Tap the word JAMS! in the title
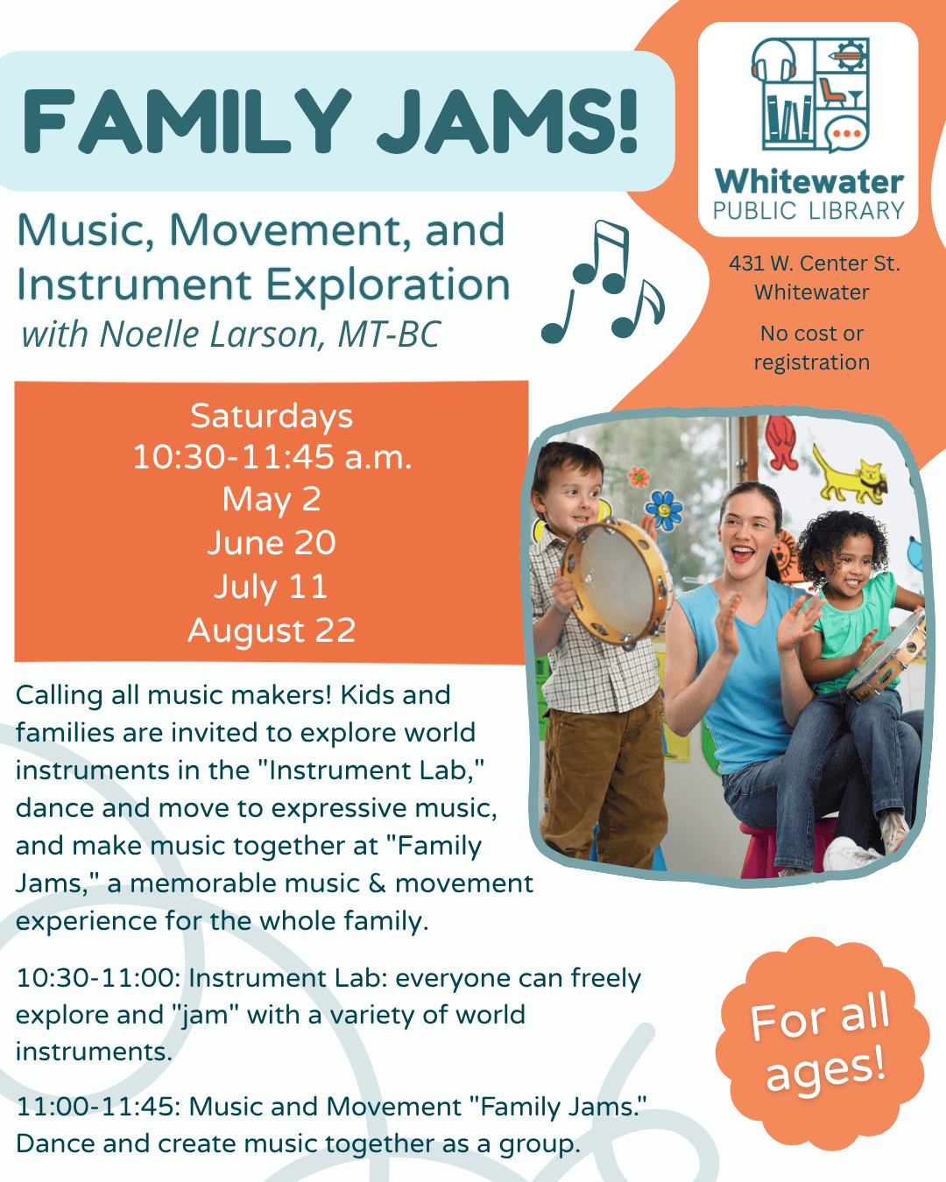click(x=508, y=121)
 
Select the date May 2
click(x=272, y=500)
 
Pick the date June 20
click(x=272, y=543)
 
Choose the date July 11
click(x=271, y=587)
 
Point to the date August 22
click(x=272, y=630)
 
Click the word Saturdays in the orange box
click(x=272, y=417)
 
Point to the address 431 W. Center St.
click(x=815, y=264)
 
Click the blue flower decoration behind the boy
click(x=664, y=510)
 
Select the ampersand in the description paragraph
click(x=377, y=883)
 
